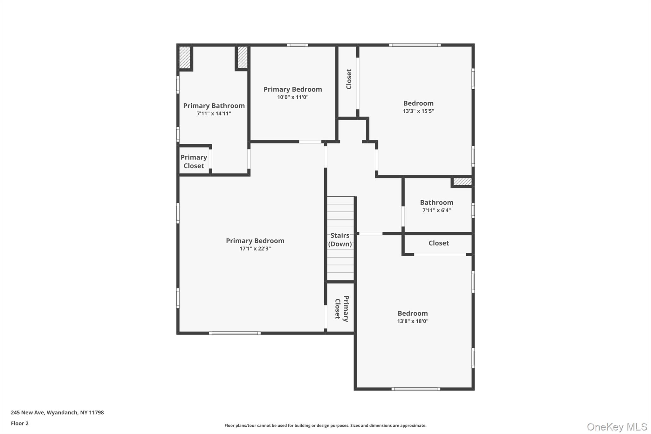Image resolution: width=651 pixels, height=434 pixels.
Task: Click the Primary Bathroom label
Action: pyautogui.click(x=214, y=106)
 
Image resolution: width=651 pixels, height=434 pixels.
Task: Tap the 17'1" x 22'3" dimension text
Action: pyautogui.click(x=255, y=249)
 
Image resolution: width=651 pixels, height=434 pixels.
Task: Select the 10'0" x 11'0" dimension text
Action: pyautogui.click(x=293, y=97)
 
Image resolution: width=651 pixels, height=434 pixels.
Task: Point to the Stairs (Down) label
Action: pyautogui.click(x=340, y=240)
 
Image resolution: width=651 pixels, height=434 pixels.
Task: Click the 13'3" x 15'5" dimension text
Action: pyautogui.click(x=418, y=111)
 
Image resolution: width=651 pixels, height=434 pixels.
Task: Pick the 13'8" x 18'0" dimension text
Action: pyautogui.click(x=413, y=321)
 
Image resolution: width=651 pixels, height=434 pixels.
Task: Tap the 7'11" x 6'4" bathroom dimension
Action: pyautogui.click(x=436, y=210)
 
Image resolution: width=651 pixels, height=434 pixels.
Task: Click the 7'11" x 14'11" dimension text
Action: pyautogui.click(x=214, y=114)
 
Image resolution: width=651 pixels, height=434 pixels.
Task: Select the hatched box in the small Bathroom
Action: pyautogui.click(x=462, y=182)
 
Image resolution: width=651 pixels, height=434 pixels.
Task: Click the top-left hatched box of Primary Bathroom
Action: pyautogui.click(x=185, y=58)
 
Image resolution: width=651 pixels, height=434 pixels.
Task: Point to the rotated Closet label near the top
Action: pyautogui.click(x=349, y=79)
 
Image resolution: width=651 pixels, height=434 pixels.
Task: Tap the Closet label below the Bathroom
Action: pyautogui.click(x=439, y=243)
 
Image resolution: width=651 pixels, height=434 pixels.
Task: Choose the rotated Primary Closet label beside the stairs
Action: pyautogui.click(x=342, y=309)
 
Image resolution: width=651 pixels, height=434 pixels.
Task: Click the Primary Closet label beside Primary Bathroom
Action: pyautogui.click(x=194, y=162)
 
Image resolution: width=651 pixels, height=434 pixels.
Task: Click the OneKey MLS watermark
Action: pyautogui.click(x=617, y=427)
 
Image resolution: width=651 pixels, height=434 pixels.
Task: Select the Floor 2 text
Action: pyautogui.click(x=20, y=423)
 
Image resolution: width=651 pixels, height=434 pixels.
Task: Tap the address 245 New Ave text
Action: pyautogui.click(x=57, y=412)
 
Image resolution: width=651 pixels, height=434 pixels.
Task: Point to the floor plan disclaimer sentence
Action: pyautogui.click(x=325, y=425)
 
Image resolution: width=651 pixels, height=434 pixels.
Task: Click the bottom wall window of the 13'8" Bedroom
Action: pyautogui.click(x=415, y=389)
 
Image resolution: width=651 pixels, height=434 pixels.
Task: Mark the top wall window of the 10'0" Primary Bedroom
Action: pyautogui.click(x=298, y=45)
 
